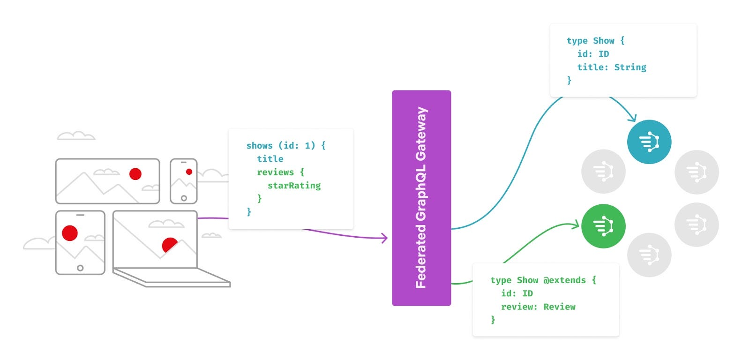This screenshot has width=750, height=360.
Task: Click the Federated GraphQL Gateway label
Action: click(x=421, y=198)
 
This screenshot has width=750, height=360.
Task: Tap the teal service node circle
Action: click(x=649, y=142)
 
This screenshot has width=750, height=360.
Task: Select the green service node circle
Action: click(x=603, y=226)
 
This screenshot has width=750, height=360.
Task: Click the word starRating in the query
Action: click(x=294, y=186)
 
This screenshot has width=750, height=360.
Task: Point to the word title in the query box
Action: click(x=270, y=159)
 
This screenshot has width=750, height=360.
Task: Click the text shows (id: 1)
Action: click(x=280, y=146)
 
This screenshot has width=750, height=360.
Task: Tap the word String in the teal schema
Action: click(x=630, y=67)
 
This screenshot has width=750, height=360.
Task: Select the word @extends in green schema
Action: click(x=564, y=280)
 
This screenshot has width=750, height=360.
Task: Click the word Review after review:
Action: click(x=559, y=307)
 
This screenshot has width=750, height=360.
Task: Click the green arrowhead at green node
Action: click(x=576, y=225)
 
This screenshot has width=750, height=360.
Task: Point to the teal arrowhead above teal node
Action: click(x=633, y=118)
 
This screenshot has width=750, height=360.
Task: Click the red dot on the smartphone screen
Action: click(x=189, y=172)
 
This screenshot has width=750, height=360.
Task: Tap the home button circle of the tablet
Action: click(x=80, y=268)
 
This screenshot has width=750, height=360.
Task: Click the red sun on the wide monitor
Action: click(x=135, y=174)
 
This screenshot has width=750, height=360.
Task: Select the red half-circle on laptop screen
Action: click(x=169, y=244)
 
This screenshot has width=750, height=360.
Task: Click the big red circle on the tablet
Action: click(x=70, y=233)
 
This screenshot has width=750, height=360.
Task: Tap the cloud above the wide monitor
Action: click(x=76, y=136)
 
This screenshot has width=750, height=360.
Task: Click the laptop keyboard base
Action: click(x=172, y=277)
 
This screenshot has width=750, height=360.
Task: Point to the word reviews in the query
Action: click(x=275, y=172)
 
